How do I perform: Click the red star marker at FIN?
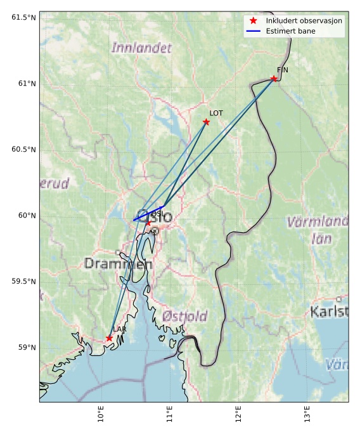pyautogui.click(x=274, y=79)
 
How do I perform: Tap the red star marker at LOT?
pyautogui.click(x=206, y=122)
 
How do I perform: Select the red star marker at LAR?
pyautogui.click(x=110, y=338)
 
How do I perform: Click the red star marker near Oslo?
pyautogui.click(x=148, y=223)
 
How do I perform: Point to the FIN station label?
pyautogui.click(x=282, y=70)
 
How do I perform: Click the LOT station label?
pyautogui.click(x=216, y=113)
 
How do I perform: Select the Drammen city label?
pyautogui.click(x=118, y=263)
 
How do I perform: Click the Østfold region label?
pyautogui.click(x=184, y=316)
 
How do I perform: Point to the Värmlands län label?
pyautogui.click(x=318, y=230)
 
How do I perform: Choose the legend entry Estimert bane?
pyautogui.click(x=291, y=30)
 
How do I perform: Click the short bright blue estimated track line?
pyautogui.click(x=149, y=213)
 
